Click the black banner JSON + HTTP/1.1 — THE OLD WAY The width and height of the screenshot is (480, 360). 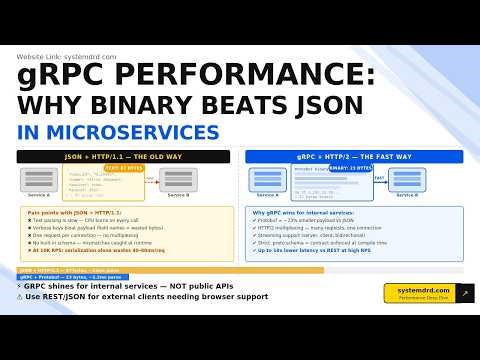pyautogui.click(x=125, y=156)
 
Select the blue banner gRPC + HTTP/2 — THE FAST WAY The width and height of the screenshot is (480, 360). pyautogui.click(x=355, y=156)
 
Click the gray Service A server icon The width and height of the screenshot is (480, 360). pyautogui.click(x=40, y=179)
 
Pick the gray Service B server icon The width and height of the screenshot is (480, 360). pyautogui.click(x=178, y=179)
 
